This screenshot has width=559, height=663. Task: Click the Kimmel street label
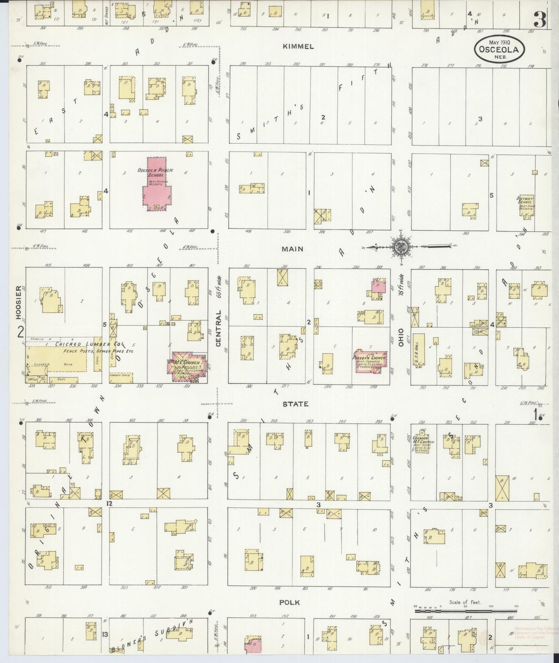point(298,46)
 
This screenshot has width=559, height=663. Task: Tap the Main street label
point(292,249)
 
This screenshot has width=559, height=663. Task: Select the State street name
point(295,404)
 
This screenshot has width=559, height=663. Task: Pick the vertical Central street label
point(219,328)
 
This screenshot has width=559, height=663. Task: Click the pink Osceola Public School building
point(156,186)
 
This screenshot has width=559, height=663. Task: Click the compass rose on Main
point(399,246)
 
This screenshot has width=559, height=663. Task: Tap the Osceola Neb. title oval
point(499,49)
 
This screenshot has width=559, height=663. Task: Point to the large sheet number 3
point(540,19)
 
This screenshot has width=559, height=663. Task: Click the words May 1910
point(499,43)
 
